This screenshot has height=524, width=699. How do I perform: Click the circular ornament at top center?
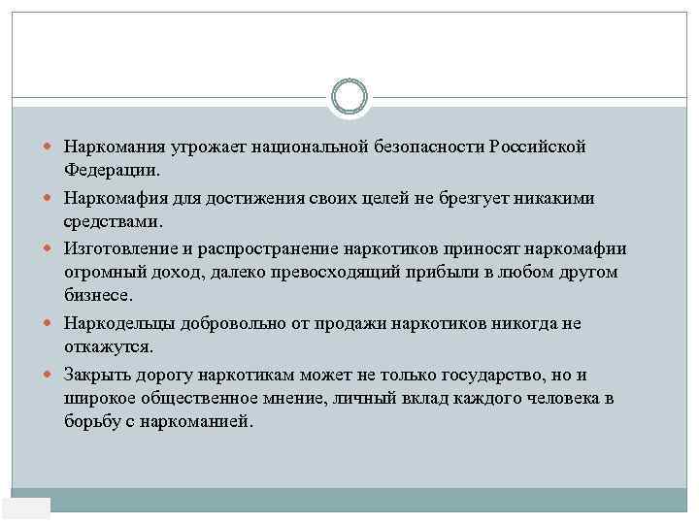tap(349, 96)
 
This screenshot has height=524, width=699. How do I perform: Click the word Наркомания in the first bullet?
tap(116, 147)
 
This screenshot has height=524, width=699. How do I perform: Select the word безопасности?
tap(428, 147)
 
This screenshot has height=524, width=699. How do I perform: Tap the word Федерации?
tap(110, 170)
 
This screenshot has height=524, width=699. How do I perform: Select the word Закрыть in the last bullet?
tap(99, 374)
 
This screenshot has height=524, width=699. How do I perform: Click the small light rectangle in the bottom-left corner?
tap(26, 508)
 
